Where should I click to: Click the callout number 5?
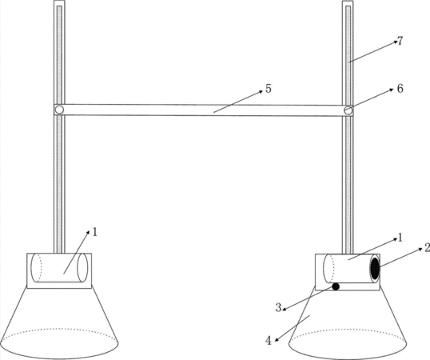[269, 89]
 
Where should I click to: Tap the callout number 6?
[400, 89]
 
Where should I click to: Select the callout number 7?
[400, 41]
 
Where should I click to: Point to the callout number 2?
[428, 248]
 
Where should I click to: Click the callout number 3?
[278, 307]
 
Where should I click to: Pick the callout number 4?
[269, 341]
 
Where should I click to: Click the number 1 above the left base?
[95, 233]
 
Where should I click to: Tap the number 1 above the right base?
[400, 238]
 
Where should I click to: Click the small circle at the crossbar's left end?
[59, 110]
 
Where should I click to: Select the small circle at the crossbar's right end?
[348, 110]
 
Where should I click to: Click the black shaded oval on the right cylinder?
[375, 268]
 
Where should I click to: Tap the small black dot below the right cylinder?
[336, 286]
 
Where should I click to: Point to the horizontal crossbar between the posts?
[204, 110]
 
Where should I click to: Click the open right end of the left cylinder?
[82, 268]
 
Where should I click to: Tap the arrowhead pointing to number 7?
[396, 42]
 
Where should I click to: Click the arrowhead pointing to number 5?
[261, 93]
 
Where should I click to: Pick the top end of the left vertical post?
[59, 2]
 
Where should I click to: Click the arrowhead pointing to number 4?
[277, 340]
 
